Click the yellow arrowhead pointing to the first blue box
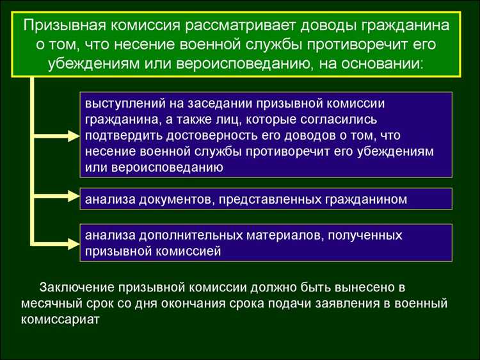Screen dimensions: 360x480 70,135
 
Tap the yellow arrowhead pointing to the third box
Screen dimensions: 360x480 70,243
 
